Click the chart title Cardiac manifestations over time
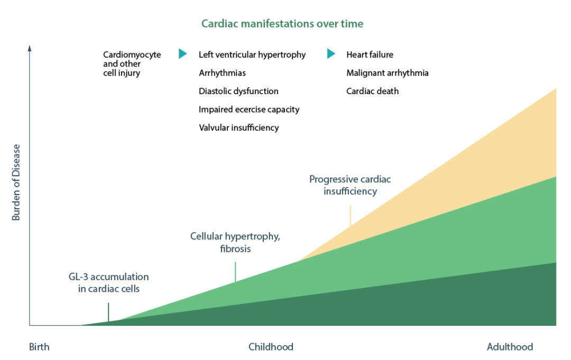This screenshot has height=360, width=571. (x=281, y=24)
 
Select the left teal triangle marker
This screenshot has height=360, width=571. (x=183, y=53)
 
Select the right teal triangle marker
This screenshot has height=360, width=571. (x=331, y=53)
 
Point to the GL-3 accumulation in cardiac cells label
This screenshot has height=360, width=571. (x=109, y=284)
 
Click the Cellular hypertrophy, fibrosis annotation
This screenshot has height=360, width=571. (x=235, y=242)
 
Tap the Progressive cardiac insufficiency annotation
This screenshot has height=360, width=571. (x=351, y=186)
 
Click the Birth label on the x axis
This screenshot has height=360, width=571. (x=40, y=347)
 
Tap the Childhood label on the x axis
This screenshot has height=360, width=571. (x=270, y=347)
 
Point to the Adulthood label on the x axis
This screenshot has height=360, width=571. (x=509, y=347)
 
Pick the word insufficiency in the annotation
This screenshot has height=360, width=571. (x=351, y=192)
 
